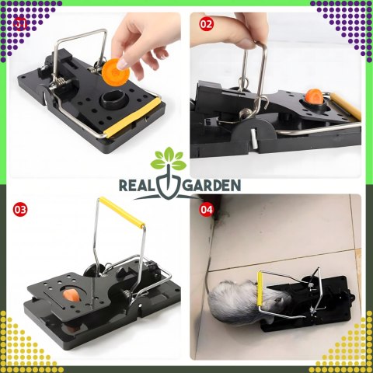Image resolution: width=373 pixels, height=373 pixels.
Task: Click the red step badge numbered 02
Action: pyautogui.click(x=207, y=24)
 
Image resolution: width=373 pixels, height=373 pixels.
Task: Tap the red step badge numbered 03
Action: pyautogui.click(x=20, y=209)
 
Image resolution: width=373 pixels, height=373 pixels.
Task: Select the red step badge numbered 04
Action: pyautogui.click(x=207, y=209)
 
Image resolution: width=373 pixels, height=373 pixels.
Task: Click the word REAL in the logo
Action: pyautogui.click(x=135, y=186)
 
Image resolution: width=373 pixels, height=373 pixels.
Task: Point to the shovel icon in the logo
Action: pyautogui.click(x=168, y=183)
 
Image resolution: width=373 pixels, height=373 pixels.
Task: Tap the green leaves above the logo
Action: pyautogui.click(x=169, y=159)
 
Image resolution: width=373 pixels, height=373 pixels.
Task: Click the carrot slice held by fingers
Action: pyautogui.click(x=116, y=71)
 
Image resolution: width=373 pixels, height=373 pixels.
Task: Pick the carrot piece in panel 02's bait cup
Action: pyautogui.click(x=315, y=96)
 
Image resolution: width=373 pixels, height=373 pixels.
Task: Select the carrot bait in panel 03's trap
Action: pyautogui.click(x=71, y=295)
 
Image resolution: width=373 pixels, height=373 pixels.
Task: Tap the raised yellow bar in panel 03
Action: pyautogui.click(x=122, y=212)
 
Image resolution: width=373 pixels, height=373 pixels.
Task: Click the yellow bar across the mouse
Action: pyautogui.click(x=260, y=289)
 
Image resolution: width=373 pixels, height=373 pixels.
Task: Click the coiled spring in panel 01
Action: pyautogui.click(x=61, y=84)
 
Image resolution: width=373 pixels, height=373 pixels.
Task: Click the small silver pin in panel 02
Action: pyautogui.click(x=254, y=138)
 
